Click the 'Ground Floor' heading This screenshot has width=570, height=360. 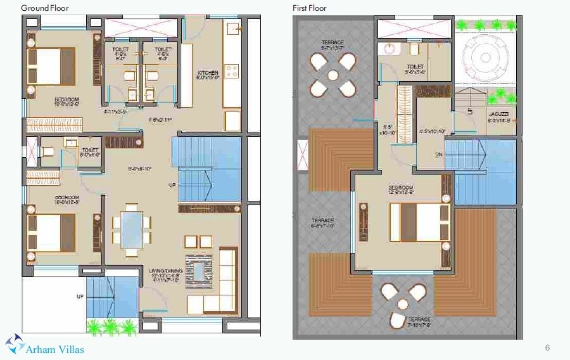point(45,8)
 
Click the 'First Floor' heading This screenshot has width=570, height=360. point(310,8)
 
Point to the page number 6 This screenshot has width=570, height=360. point(547,347)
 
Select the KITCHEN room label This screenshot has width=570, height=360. point(208,75)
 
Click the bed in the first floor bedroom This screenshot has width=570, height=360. point(418,221)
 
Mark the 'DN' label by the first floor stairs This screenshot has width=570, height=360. point(438,155)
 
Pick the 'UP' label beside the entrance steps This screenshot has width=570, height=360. point(79,296)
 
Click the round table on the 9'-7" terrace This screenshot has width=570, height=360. point(332,75)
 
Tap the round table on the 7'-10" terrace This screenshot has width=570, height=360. point(400,303)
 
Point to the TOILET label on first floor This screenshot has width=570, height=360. point(415,67)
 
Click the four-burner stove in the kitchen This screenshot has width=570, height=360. point(232,71)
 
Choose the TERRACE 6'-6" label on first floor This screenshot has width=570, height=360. point(322,222)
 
